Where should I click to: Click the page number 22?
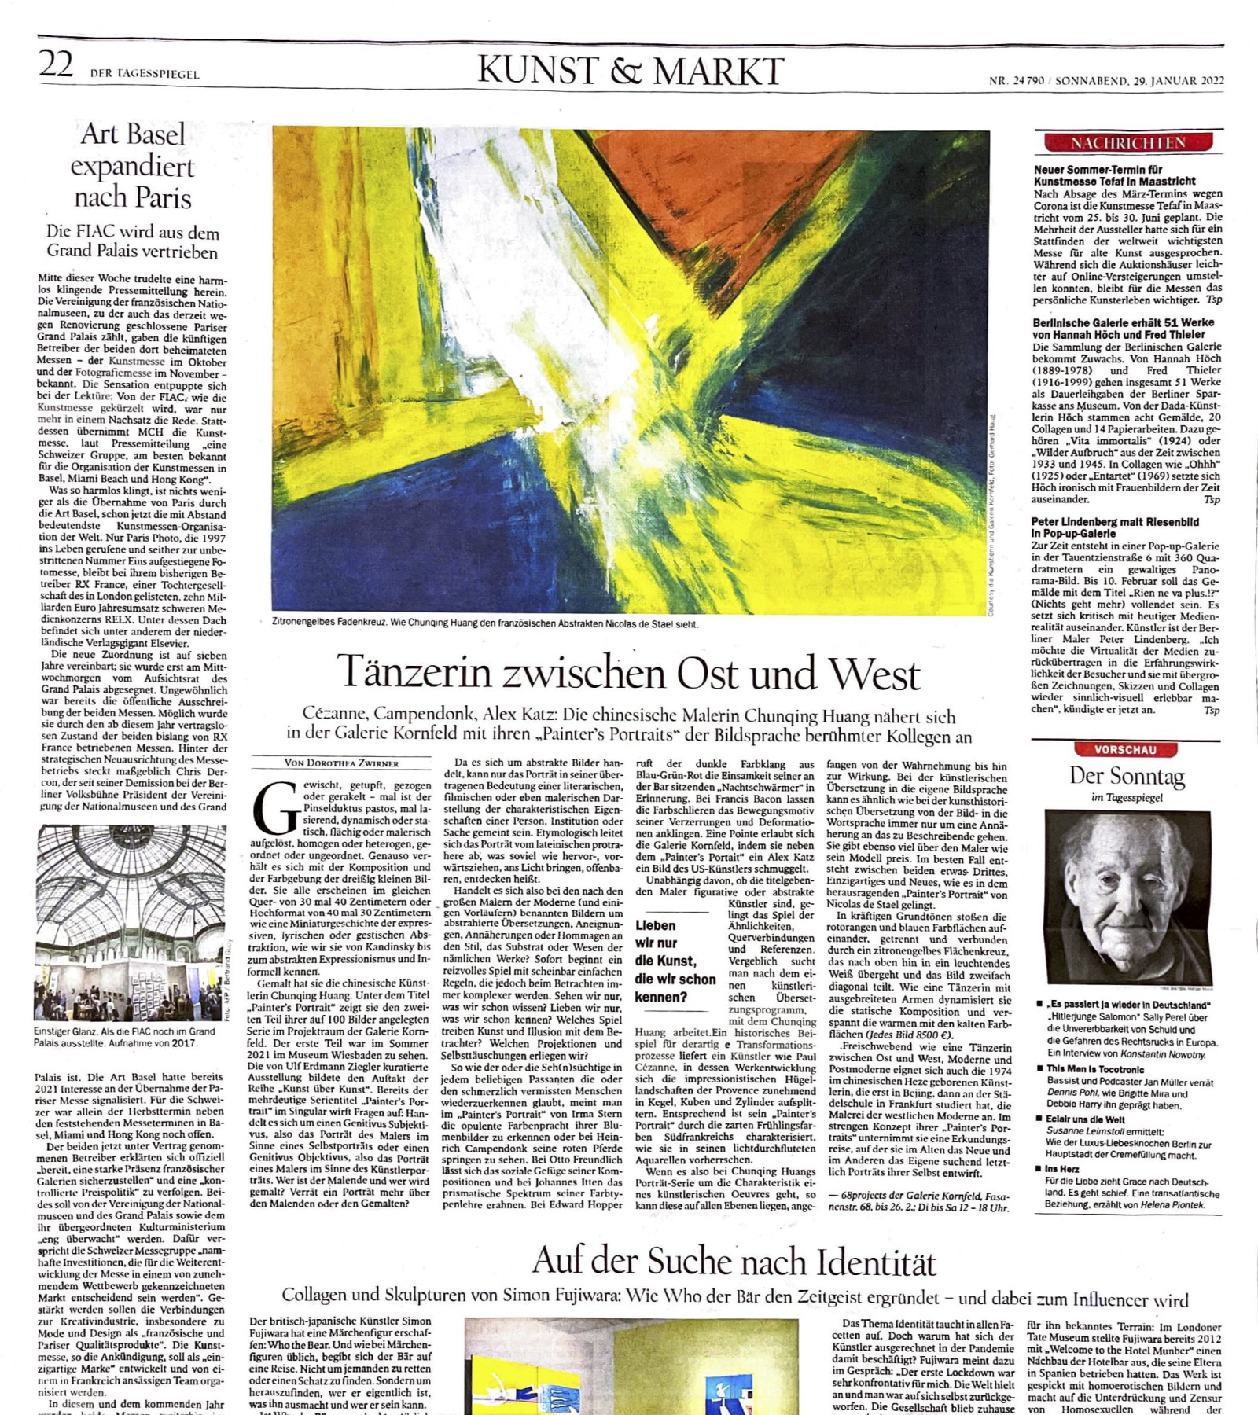click(56, 64)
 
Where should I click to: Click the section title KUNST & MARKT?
click(631, 71)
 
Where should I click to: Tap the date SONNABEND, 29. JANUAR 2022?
click(1138, 80)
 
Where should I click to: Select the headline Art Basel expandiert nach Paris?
click(133, 166)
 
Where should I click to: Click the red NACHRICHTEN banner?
click(1127, 142)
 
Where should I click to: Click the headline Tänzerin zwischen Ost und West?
click(628, 673)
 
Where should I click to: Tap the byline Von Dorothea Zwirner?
click(341, 763)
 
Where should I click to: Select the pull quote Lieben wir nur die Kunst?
click(675, 961)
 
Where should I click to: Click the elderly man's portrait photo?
click(1127, 897)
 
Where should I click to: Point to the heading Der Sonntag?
click(1127, 776)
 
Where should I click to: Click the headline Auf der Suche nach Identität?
click(734, 1262)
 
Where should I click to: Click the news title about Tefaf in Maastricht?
click(1115, 175)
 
